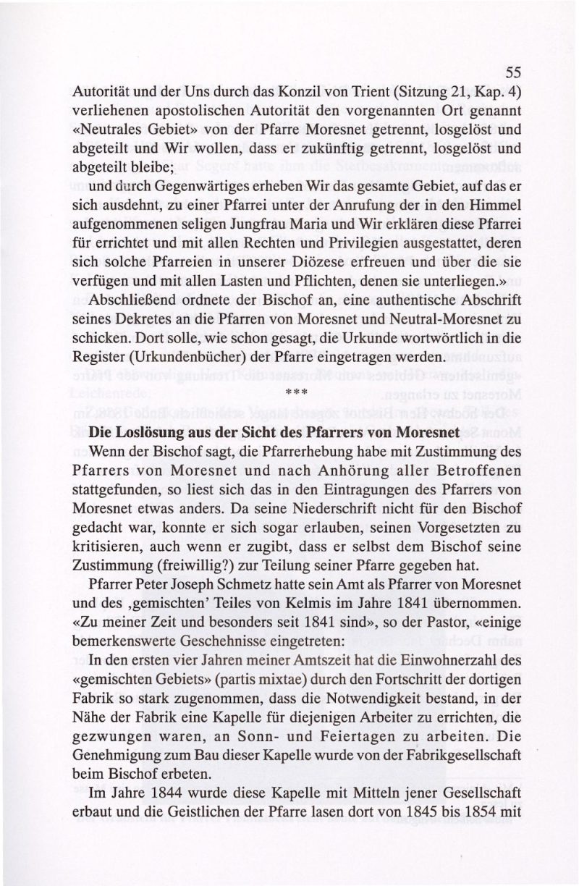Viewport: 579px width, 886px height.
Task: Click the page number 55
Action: (513, 72)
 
